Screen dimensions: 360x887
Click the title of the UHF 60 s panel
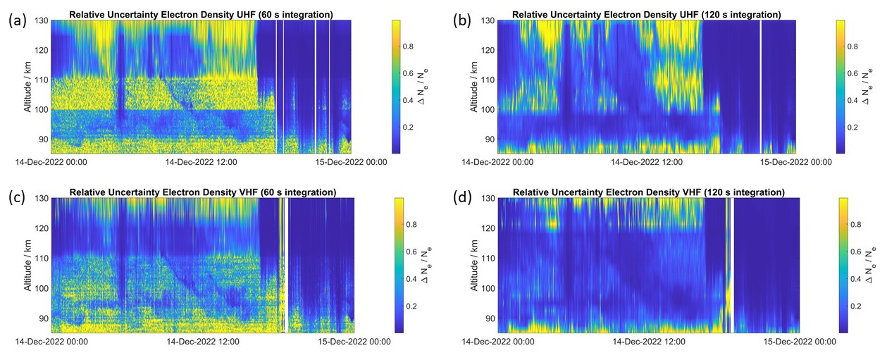point(201,14)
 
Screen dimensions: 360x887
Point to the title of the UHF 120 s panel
point(647,14)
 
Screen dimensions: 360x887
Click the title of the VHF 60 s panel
point(201,192)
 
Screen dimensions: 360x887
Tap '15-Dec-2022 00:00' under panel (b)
point(795,162)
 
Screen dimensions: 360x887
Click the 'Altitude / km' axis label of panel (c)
point(29,265)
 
